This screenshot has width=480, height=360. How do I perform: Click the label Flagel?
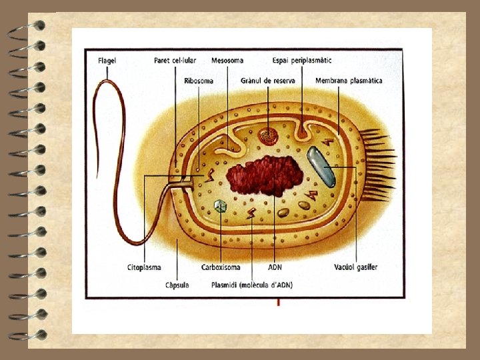(107, 60)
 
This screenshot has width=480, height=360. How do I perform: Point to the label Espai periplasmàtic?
(302, 60)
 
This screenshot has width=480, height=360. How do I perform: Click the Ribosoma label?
(199, 81)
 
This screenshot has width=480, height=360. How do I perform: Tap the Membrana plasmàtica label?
(349, 81)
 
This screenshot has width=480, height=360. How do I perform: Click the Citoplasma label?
(144, 267)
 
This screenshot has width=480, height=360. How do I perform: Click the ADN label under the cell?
(275, 267)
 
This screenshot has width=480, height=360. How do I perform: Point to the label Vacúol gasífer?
(356, 267)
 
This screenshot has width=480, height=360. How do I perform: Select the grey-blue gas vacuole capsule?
(321, 166)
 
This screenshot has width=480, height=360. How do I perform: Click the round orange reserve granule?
(269, 136)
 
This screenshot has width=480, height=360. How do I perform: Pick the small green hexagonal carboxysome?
(221, 206)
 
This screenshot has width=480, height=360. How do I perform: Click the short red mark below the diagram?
(278, 303)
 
